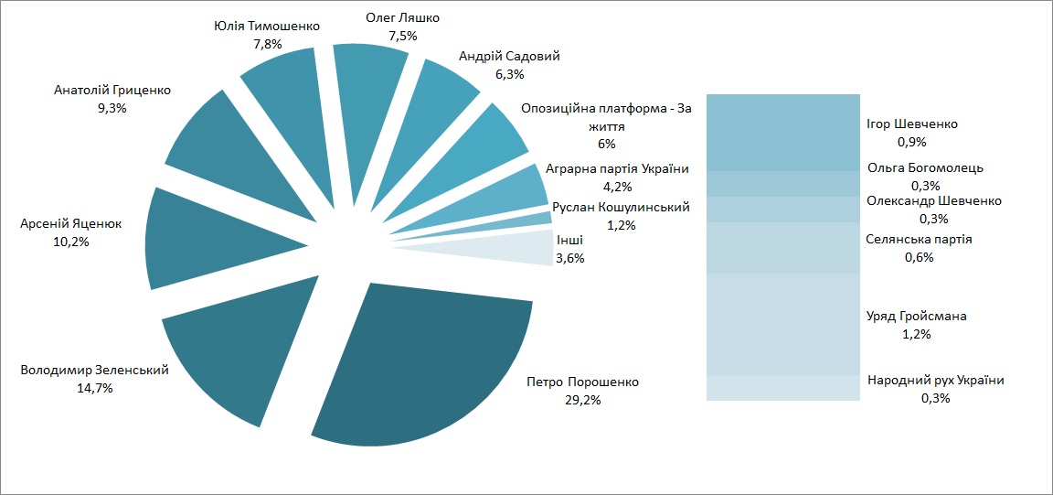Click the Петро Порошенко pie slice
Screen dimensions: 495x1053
[430, 366]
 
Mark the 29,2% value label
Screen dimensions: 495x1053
[583, 400]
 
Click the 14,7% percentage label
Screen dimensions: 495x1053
[94, 388]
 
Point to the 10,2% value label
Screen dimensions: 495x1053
[71, 242]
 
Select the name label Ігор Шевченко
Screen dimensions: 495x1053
[911, 124]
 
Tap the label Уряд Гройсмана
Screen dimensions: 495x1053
[916, 317]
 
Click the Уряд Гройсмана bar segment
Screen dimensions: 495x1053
[783, 324]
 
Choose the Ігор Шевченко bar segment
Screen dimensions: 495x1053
[783, 132]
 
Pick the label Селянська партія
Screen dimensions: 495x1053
[919, 240]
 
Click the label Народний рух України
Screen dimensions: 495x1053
[935, 381]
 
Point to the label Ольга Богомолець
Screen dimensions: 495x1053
[925, 168]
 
